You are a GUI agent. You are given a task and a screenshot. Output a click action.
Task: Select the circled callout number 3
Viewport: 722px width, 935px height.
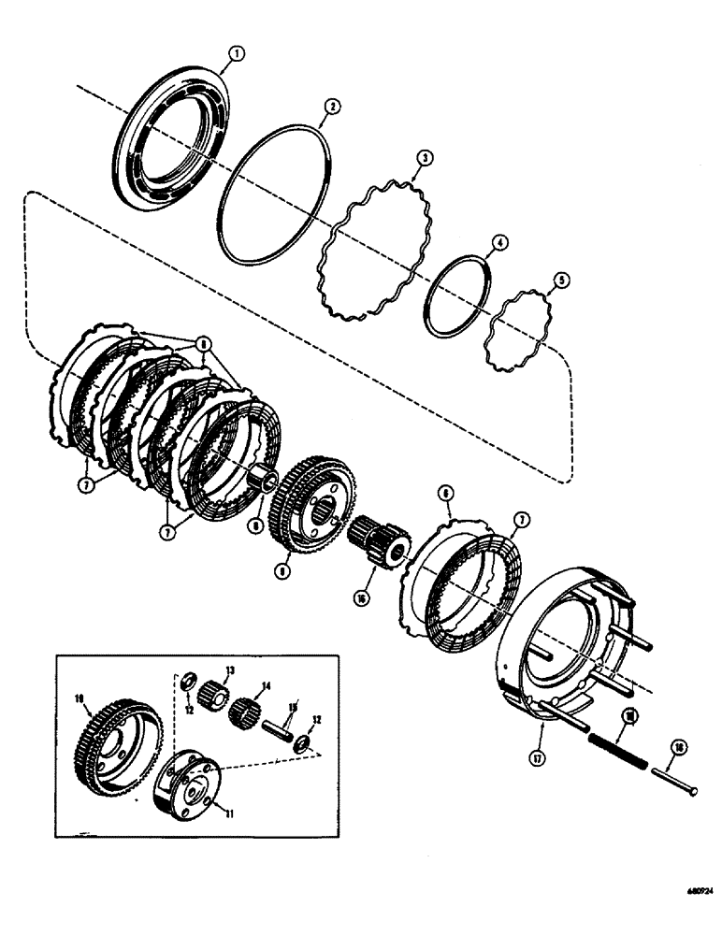(x=424, y=160)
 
